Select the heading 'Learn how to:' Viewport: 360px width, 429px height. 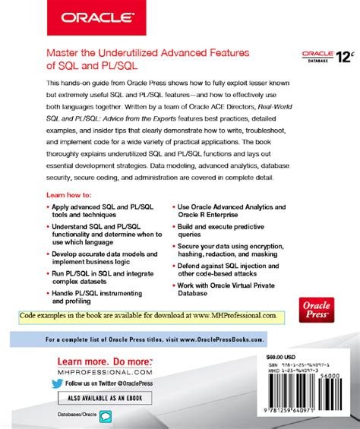point(71,196)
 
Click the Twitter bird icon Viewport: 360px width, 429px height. point(56,383)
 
